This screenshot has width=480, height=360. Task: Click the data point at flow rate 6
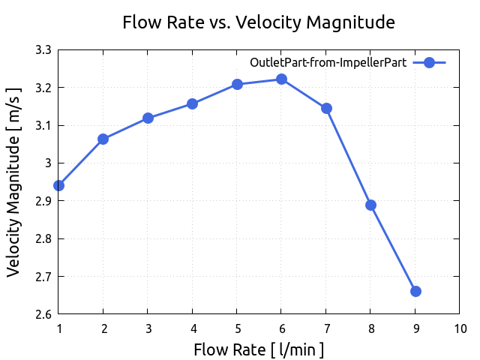pyautogui.click(x=281, y=79)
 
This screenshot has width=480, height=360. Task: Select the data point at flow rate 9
pyautogui.click(x=415, y=291)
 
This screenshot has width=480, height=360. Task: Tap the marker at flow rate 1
pyautogui.click(x=58, y=185)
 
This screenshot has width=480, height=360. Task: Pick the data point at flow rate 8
pyautogui.click(x=370, y=205)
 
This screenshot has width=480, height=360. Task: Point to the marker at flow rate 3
pyautogui.click(x=148, y=118)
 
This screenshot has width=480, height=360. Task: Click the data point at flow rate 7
pyautogui.click(x=326, y=108)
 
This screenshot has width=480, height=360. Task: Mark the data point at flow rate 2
pyautogui.click(x=103, y=139)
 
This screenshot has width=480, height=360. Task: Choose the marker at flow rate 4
pyautogui.click(x=193, y=103)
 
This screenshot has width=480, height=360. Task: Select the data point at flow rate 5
pyautogui.click(x=237, y=84)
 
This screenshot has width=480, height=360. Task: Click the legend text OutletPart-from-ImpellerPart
pyautogui.click(x=328, y=63)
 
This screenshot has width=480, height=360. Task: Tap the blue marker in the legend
pyautogui.click(x=430, y=63)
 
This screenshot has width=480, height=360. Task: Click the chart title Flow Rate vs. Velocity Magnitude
pyautogui.click(x=259, y=22)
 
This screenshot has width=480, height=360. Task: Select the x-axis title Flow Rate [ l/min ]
pyautogui.click(x=259, y=349)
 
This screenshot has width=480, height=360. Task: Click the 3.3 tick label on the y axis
pyautogui.click(x=43, y=50)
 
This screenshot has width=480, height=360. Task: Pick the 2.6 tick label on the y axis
pyautogui.click(x=43, y=314)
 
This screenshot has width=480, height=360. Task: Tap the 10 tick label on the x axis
pyautogui.click(x=460, y=328)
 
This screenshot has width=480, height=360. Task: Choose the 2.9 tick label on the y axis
pyautogui.click(x=43, y=201)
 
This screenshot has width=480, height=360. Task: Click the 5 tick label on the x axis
pyautogui.click(x=237, y=328)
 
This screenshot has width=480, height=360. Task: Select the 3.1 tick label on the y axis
pyautogui.click(x=43, y=126)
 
